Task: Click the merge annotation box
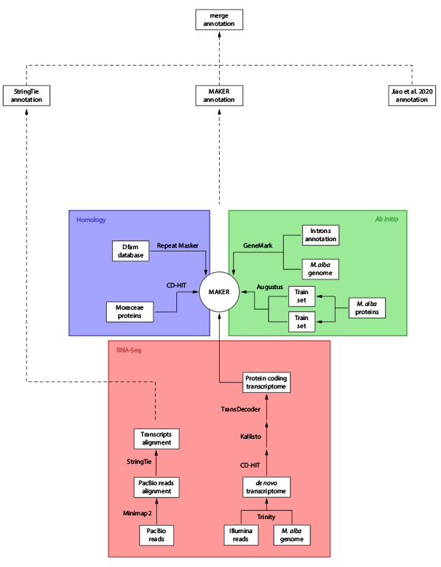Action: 219,19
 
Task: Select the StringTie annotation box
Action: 26,95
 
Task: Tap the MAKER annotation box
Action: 219,95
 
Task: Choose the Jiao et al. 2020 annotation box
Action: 412,95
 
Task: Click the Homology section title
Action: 91,220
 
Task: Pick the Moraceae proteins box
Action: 130,312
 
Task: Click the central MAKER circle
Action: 219,292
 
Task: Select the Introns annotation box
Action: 321,235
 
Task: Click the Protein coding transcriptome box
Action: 266,383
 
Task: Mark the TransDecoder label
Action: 240,408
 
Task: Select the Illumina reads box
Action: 242,535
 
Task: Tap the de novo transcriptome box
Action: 266,487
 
